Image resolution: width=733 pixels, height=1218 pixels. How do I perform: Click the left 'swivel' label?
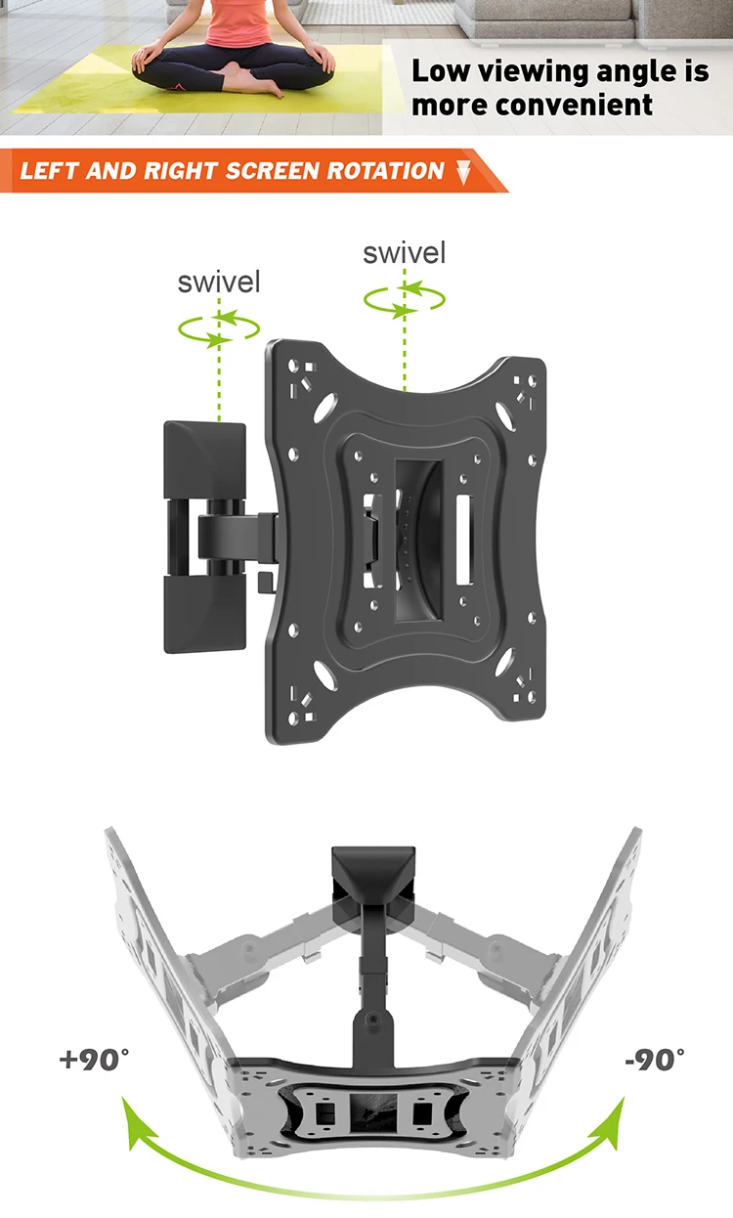click(219, 283)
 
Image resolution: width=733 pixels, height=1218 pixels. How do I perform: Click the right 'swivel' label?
click(404, 253)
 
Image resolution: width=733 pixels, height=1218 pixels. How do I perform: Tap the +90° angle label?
click(95, 1059)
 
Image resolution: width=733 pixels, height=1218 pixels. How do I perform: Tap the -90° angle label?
click(653, 1059)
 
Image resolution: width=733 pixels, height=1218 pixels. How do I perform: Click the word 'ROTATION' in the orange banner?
click(384, 171)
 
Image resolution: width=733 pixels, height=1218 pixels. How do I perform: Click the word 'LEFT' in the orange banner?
click(49, 171)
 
